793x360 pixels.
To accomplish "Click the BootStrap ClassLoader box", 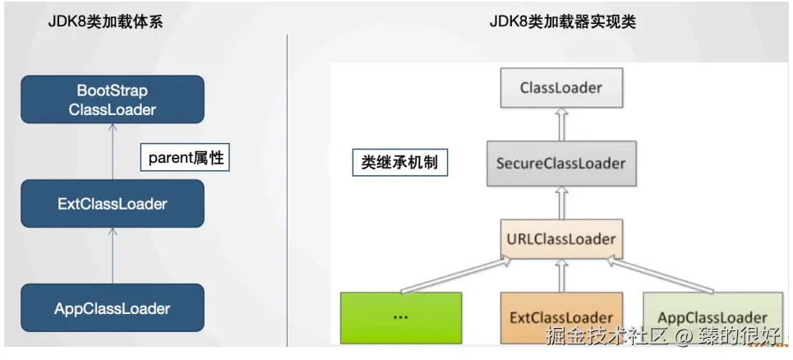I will tap(112, 99).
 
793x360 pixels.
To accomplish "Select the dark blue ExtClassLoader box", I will tap(112, 204).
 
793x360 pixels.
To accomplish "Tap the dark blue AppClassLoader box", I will tap(112, 309).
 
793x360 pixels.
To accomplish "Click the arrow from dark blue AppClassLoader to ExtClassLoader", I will tap(113, 256).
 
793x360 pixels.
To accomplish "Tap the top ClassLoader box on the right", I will tap(560, 88).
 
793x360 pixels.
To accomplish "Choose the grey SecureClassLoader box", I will tap(560, 164).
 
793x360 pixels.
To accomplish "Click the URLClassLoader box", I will tap(560, 239).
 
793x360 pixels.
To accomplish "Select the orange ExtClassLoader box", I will tap(560, 317).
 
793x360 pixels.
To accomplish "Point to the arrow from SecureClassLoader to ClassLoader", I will tap(561, 124).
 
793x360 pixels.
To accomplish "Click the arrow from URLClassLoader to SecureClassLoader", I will tap(561, 201).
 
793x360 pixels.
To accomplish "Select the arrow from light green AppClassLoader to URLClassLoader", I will tap(662, 275).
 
